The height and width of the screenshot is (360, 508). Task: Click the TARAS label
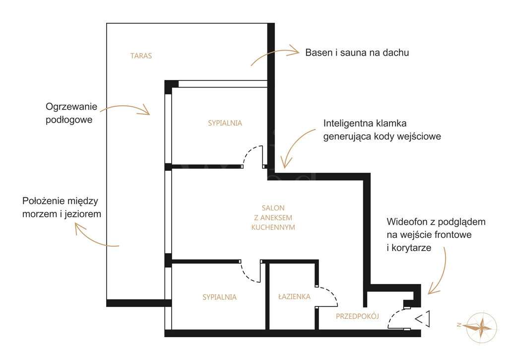(x=141, y=56)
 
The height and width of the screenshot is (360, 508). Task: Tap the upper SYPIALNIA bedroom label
(x=225, y=123)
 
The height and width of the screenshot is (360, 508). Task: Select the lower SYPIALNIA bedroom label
(x=219, y=297)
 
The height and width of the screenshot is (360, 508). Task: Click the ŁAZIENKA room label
(x=294, y=296)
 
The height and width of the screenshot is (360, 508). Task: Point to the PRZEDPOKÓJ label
(x=357, y=316)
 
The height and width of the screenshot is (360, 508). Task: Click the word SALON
(x=273, y=208)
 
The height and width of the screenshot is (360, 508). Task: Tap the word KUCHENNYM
(x=273, y=227)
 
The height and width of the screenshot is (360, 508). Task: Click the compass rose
(x=480, y=327)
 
